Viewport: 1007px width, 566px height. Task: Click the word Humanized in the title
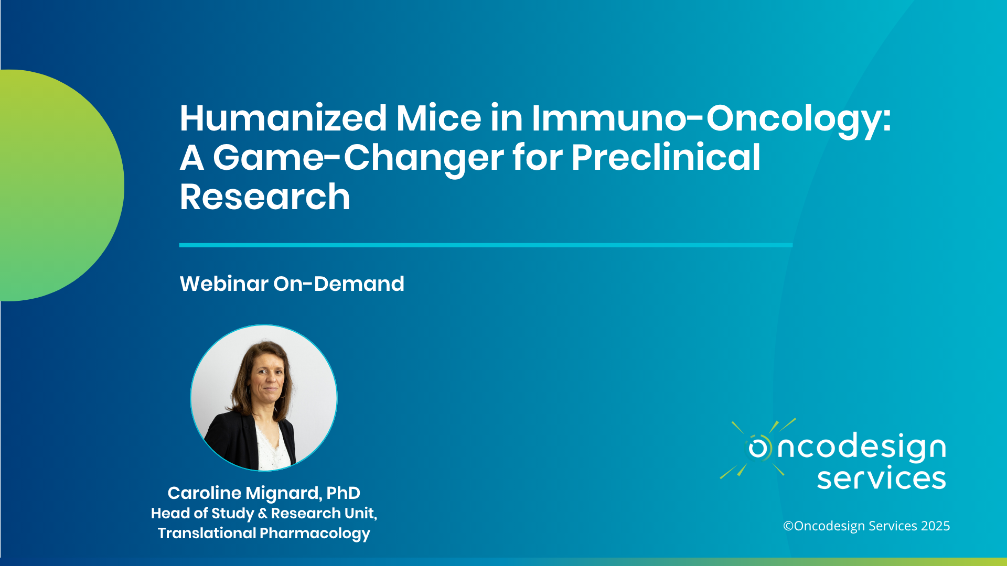coord(283,118)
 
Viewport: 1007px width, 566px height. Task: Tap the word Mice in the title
coord(438,118)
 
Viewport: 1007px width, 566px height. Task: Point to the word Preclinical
coord(666,157)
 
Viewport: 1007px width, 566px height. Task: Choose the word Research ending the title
coord(265,197)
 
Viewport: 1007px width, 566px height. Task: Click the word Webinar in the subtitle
coord(224,284)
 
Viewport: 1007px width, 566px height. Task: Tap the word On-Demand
coord(339,284)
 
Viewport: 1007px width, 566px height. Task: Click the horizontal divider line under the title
coord(486,245)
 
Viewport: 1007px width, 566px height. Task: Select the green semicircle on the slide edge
coord(58,186)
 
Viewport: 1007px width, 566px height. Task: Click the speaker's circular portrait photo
coord(264,398)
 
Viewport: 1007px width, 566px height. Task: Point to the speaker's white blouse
coord(273,445)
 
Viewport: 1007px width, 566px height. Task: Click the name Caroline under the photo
coord(204,493)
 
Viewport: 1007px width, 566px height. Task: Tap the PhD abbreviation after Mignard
coord(343,493)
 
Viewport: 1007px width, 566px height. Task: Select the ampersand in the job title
coord(263,514)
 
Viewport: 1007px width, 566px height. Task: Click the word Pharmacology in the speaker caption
coord(315,534)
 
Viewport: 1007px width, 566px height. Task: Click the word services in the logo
coord(881,478)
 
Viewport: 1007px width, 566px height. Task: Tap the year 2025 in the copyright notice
coord(935,526)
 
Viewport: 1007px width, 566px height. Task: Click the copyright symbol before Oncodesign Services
coord(788,526)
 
